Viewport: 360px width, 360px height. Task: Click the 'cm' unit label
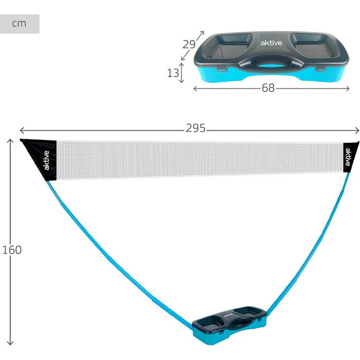(19, 24)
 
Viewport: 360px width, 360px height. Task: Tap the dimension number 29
(189, 44)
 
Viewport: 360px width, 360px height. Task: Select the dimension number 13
(173, 73)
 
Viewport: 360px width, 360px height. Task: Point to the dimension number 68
(268, 88)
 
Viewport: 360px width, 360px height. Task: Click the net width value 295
(195, 128)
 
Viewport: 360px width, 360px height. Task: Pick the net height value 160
(12, 250)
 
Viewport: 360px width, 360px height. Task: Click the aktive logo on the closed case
(271, 43)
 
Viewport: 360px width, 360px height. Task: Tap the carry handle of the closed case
(271, 63)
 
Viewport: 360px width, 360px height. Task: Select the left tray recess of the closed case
(232, 45)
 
